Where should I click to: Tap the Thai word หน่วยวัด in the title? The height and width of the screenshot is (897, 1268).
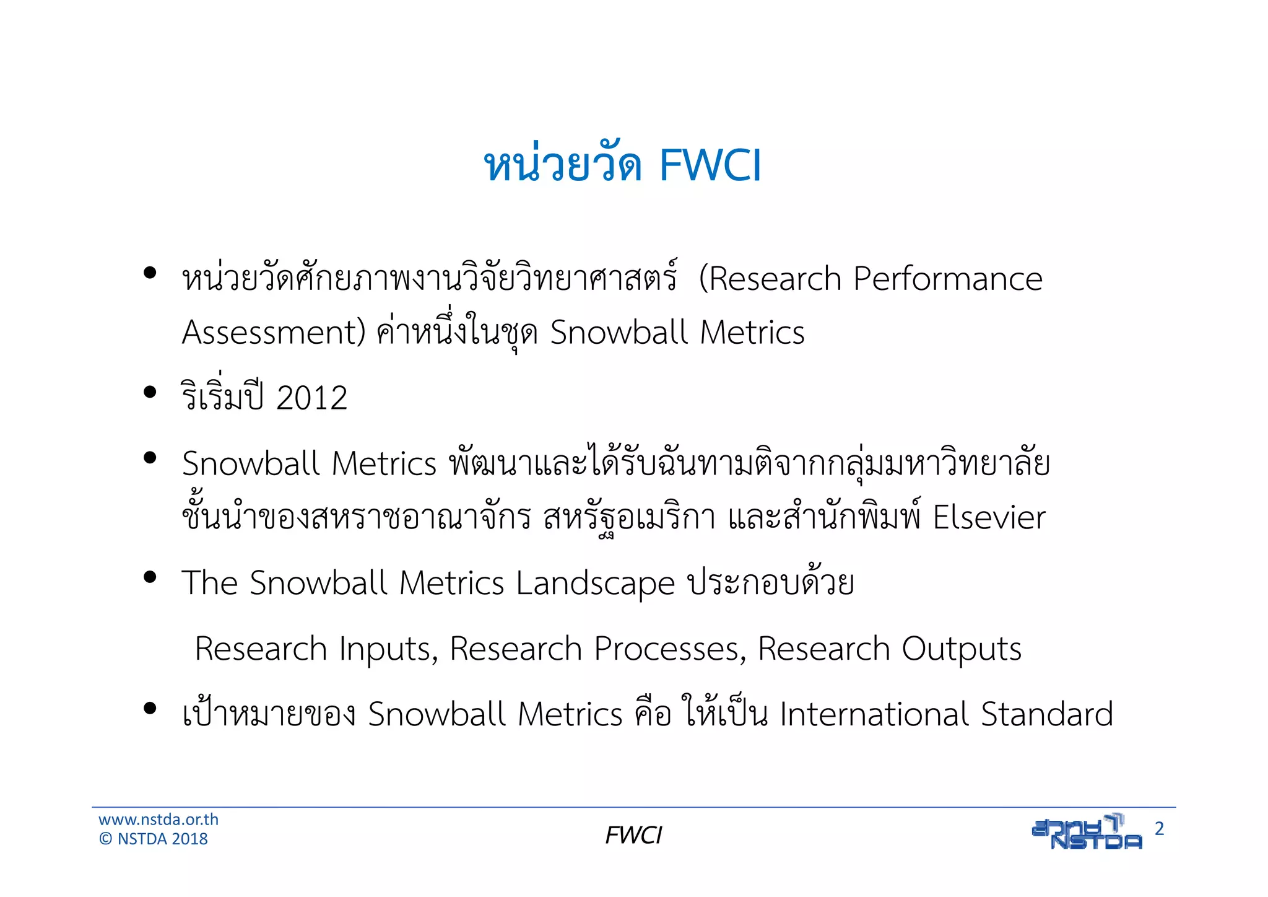pos(562,166)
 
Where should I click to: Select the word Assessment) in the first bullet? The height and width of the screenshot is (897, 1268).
pos(274,333)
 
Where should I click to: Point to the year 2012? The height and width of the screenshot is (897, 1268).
pos(311,398)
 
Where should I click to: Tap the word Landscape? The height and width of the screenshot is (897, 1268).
pos(595,584)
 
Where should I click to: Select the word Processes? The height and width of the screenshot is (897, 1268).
pos(670,649)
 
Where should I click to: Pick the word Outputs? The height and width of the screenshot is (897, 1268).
pos(961,649)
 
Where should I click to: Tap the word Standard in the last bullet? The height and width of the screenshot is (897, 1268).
pos(1046,714)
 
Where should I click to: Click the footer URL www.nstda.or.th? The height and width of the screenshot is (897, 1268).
pos(158,820)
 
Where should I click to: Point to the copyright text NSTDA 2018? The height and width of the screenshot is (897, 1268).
pos(162,839)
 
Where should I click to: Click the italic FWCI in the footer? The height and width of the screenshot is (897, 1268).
pos(633,836)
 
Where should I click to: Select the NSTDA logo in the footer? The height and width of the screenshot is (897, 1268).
pos(1087,832)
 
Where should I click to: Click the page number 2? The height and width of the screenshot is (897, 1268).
pos(1159,829)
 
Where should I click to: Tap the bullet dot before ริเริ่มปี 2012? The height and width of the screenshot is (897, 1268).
pos(149,392)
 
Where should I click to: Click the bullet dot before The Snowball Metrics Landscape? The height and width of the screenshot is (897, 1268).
pos(149,577)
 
